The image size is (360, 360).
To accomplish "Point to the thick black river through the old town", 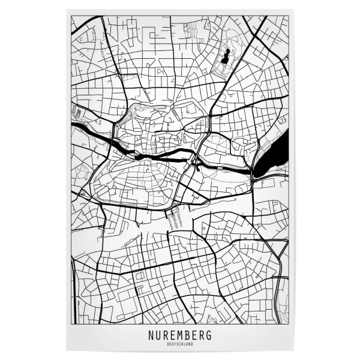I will [162, 158].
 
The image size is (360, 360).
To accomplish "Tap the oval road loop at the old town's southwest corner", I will [84, 193].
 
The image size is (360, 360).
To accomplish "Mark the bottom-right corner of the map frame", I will [289, 325].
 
